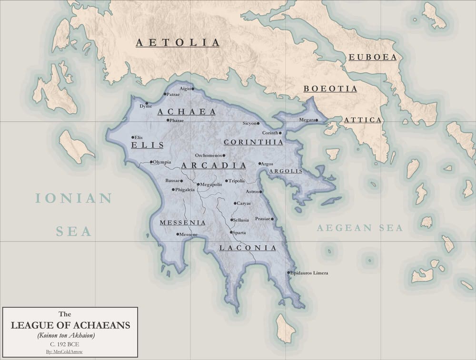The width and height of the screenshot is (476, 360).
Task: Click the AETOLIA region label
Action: [178, 43]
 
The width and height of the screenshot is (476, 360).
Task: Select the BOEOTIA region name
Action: [330, 89]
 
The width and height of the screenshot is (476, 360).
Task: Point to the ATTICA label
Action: [363, 120]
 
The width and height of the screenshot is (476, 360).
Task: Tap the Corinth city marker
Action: [281, 133]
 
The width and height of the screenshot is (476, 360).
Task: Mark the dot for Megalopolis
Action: [198, 184]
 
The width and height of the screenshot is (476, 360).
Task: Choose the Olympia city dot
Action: [151, 162]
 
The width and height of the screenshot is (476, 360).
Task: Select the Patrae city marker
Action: [165, 94]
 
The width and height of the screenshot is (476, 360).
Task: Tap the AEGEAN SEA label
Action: [360, 228]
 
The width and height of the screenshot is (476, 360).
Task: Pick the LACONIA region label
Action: [248, 248]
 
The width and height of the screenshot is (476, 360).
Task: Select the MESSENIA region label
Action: [183, 223]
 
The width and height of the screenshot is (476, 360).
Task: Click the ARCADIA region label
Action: [214, 165]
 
